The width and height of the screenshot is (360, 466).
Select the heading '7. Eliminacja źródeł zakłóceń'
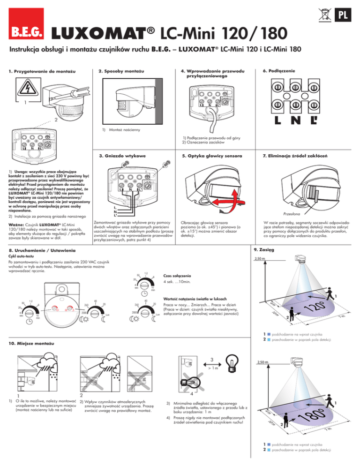point(294,155)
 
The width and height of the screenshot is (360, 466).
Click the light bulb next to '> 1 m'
point(233,364)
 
